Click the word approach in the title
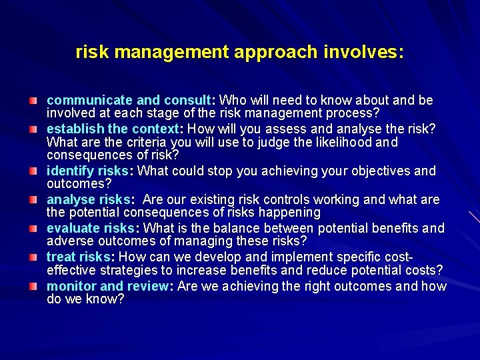click(269, 52)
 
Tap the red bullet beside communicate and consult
click(33, 101)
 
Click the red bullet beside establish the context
click(33, 129)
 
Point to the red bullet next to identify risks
click(33, 171)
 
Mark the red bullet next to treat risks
click(33, 257)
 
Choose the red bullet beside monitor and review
click(33, 286)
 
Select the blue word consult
click(186, 101)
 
